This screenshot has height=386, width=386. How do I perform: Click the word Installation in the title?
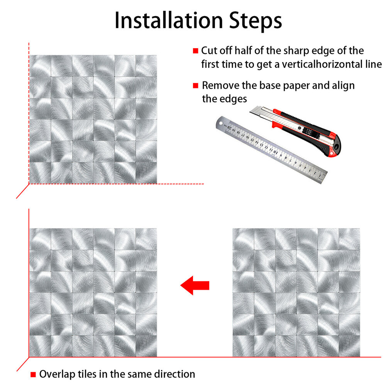169,20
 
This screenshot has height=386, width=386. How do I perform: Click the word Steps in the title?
256,21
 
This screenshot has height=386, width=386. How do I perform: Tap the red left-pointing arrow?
195,286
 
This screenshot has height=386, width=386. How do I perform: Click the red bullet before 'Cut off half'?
195,51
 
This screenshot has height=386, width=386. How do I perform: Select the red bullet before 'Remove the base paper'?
195,85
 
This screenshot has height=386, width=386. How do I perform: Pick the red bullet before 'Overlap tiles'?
33,374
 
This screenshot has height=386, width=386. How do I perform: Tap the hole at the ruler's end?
220,123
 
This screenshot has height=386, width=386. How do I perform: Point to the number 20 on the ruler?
229,127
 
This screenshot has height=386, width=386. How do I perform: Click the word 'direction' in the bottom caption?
174,374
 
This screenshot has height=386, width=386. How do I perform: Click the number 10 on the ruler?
275,151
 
